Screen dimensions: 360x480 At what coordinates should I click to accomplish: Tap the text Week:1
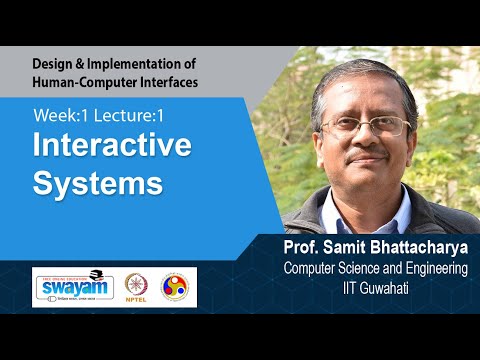coord(59,115)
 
